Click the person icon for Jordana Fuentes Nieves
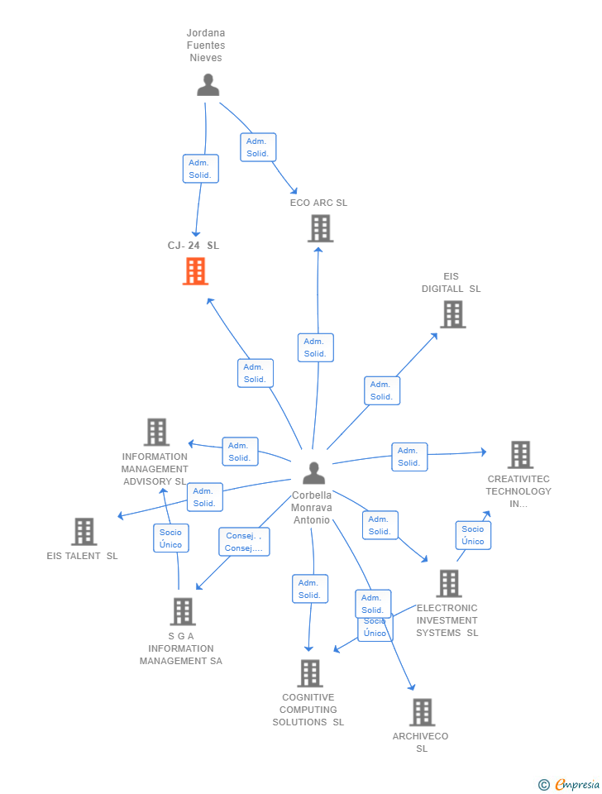point(208,85)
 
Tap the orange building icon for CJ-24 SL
point(196,271)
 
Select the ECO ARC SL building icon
point(321,228)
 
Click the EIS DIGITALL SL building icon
point(452,314)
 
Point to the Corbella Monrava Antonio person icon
point(313,473)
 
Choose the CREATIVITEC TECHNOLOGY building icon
point(520,455)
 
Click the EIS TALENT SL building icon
point(84,532)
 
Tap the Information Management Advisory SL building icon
point(156,432)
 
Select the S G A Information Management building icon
point(182,611)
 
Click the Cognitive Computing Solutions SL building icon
point(310,673)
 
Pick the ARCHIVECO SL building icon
point(422,712)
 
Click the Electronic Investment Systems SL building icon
point(448,583)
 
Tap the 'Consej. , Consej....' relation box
point(244,542)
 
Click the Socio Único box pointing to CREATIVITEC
point(473,535)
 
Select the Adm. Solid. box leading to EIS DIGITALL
point(381,390)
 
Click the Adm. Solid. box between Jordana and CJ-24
point(200,169)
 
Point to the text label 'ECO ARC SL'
point(318,203)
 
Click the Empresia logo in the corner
point(569,784)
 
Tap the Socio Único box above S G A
point(170,538)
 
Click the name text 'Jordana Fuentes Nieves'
point(206,45)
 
